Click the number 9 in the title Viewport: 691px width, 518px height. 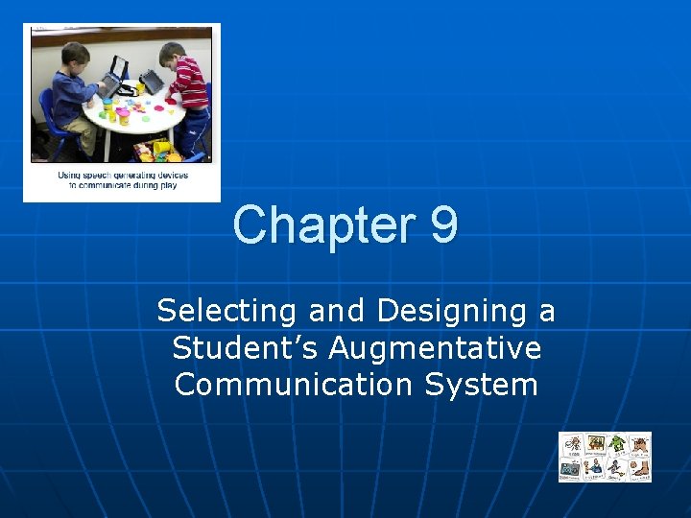pyautogui.click(x=443, y=225)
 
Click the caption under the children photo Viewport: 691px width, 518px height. pyautogui.click(x=122, y=180)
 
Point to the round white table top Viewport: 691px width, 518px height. pyautogui.click(x=134, y=120)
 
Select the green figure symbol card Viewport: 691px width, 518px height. pyautogui.click(x=617, y=444)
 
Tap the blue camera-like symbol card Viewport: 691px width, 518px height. pyautogui.click(x=571, y=468)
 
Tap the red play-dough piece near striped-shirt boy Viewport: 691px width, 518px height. pyautogui.click(x=171, y=100)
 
